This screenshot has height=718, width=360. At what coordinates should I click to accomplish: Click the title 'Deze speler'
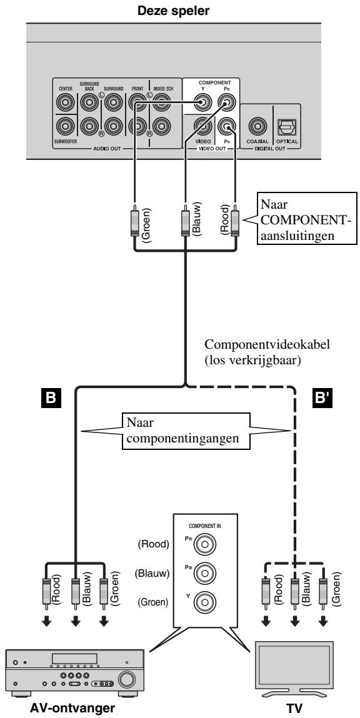(x=180, y=10)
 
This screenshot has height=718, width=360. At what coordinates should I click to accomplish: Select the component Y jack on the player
(x=201, y=101)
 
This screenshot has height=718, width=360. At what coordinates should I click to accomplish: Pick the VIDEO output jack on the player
(x=201, y=125)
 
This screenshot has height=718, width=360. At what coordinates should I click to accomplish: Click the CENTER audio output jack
(x=64, y=102)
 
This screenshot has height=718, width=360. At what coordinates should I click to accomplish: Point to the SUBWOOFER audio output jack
(x=64, y=126)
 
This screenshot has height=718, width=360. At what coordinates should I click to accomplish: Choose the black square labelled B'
(x=320, y=397)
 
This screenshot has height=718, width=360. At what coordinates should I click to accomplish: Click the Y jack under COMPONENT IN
(x=204, y=600)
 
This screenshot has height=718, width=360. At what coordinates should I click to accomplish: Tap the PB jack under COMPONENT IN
(x=204, y=573)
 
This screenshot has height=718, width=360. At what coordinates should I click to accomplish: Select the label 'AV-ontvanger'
(x=72, y=708)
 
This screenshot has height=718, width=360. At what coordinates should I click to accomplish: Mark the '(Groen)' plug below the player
(x=135, y=222)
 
